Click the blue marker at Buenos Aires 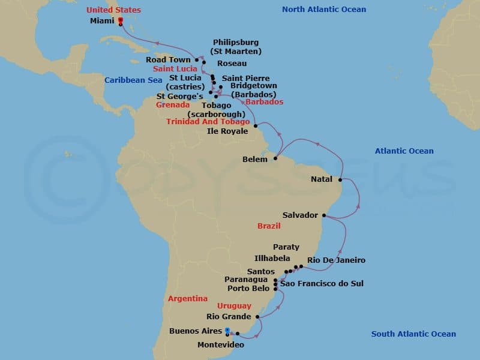pyautogui.click(x=227, y=330)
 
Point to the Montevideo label pyautogui.click(x=221, y=344)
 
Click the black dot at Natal pyautogui.click(x=340, y=179)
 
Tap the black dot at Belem pyautogui.click(x=275, y=159)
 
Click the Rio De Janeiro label pyautogui.click(x=336, y=260)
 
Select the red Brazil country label pyautogui.click(x=269, y=226)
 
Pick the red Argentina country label pyautogui.click(x=188, y=298)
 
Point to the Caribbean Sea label pyautogui.click(x=129, y=80)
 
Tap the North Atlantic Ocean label pyautogui.click(x=324, y=9)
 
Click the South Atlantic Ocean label pyautogui.click(x=413, y=334)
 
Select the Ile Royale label pyautogui.click(x=227, y=131)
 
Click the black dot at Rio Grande pyautogui.click(x=257, y=317)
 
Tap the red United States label pyautogui.click(x=113, y=10)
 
